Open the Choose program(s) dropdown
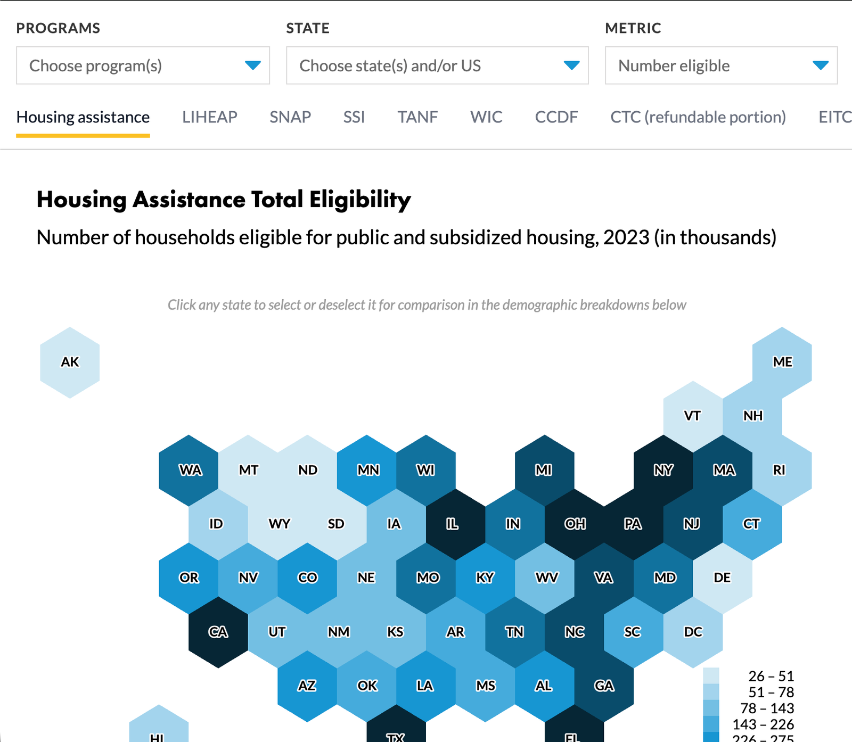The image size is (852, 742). click(x=143, y=65)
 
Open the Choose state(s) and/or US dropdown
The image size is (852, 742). click(x=437, y=65)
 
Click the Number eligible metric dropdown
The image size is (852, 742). click(x=720, y=65)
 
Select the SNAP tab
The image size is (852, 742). click(x=290, y=117)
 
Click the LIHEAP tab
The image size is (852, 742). click(x=209, y=117)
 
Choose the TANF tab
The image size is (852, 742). click(x=417, y=117)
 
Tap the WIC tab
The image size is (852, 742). click(x=486, y=117)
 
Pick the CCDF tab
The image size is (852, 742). click(x=556, y=117)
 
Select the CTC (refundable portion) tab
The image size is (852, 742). click(x=698, y=117)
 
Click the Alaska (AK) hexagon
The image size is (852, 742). click(x=70, y=362)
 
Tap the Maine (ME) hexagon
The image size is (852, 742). click(x=782, y=362)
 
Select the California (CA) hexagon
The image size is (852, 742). click(x=218, y=632)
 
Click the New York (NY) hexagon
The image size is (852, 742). click(x=663, y=470)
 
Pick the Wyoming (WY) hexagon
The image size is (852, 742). click(x=278, y=524)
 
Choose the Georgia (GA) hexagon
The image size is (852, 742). click(x=604, y=686)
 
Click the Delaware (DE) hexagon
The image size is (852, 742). click(x=722, y=578)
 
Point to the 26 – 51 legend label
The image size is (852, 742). click(x=771, y=676)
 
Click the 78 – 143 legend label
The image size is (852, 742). click(x=767, y=708)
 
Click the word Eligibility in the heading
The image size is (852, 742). click(x=360, y=200)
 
